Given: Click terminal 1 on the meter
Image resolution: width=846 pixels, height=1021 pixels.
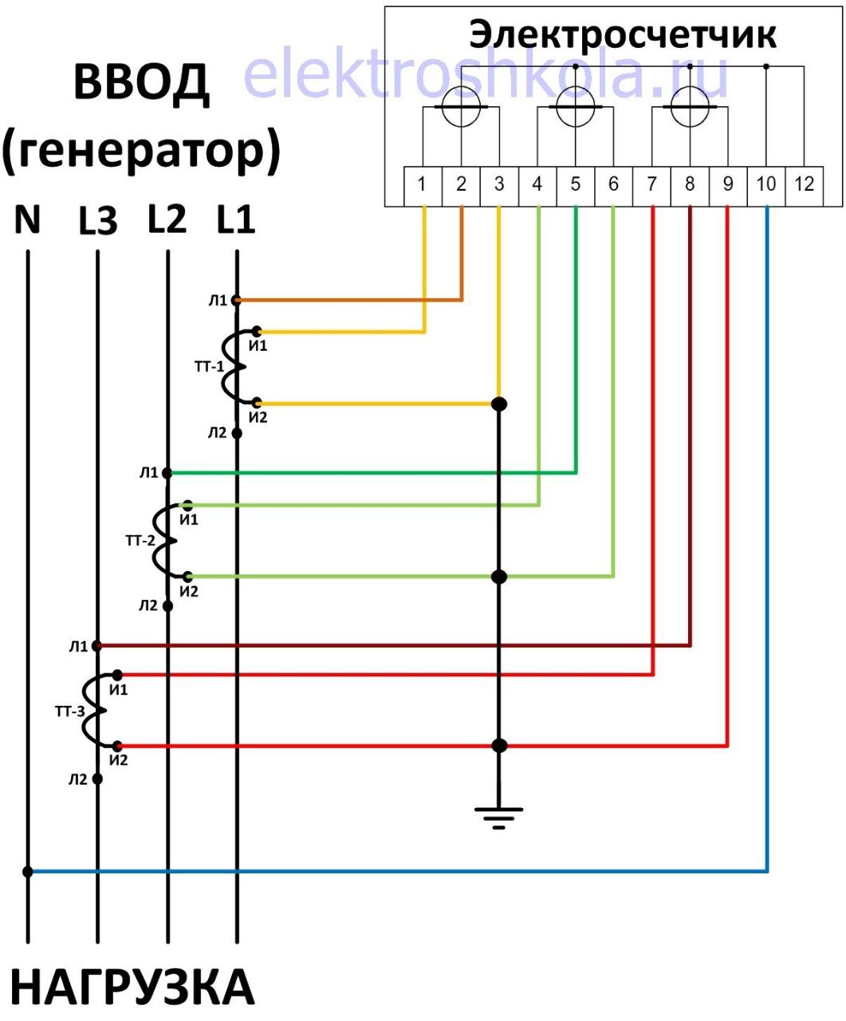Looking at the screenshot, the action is (x=423, y=187).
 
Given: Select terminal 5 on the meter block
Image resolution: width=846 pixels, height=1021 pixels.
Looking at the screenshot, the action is (x=575, y=187).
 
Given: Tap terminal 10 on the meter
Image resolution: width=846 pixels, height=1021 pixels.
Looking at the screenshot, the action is (x=765, y=187).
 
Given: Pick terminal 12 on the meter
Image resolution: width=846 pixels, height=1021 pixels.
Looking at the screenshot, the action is (x=804, y=187).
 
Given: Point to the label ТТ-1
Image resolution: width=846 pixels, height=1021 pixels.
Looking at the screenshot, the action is (x=209, y=366).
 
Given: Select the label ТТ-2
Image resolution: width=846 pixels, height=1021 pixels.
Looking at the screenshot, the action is (x=140, y=540).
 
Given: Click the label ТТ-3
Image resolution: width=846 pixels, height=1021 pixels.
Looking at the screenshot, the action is (x=70, y=711).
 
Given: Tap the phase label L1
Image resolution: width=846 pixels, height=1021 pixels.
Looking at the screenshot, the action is (x=236, y=220).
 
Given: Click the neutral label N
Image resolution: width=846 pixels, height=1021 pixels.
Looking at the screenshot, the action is (x=27, y=220).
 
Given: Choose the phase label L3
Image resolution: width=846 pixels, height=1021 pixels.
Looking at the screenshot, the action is (x=98, y=221).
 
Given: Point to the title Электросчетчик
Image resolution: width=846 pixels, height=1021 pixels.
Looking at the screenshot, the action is (x=623, y=34).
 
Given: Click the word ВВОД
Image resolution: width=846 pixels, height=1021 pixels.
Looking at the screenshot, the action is (x=141, y=84).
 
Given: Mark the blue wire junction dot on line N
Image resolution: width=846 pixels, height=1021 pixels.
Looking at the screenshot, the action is (x=28, y=871).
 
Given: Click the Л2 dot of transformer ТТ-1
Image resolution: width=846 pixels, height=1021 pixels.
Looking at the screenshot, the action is (x=237, y=433).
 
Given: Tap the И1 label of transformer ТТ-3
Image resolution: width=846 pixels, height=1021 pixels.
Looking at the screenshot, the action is (x=118, y=689).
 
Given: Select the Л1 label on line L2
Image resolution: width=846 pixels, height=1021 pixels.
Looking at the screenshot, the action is (x=148, y=473).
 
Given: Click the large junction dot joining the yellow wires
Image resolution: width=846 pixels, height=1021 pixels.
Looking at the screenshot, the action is (x=499, y=404).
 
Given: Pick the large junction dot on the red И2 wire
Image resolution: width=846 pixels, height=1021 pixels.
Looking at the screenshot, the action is (x=499, y=746).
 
